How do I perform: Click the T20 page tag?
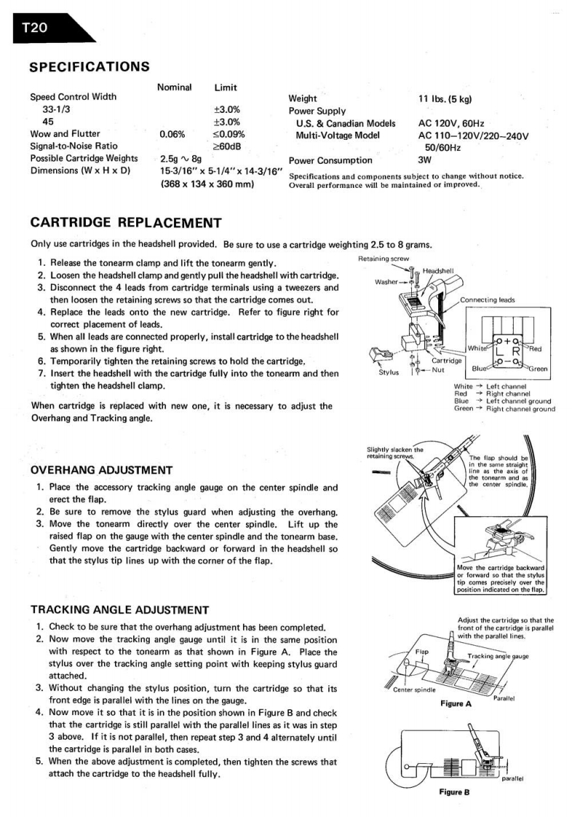tap(35, 28)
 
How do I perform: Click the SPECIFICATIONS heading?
tap(90, 67)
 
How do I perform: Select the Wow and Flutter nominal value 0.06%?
tap(172, 134)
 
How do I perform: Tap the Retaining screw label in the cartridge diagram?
tap(384, 258)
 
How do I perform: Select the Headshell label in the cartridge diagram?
tap(437, 271)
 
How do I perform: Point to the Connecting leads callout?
tap(487, 299)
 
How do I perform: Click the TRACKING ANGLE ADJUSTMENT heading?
tap(119, 609)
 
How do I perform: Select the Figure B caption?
tap(456, 792)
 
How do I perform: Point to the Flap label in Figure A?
tap(421, 650)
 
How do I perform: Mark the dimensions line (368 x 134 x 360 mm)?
tap(207, 184)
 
